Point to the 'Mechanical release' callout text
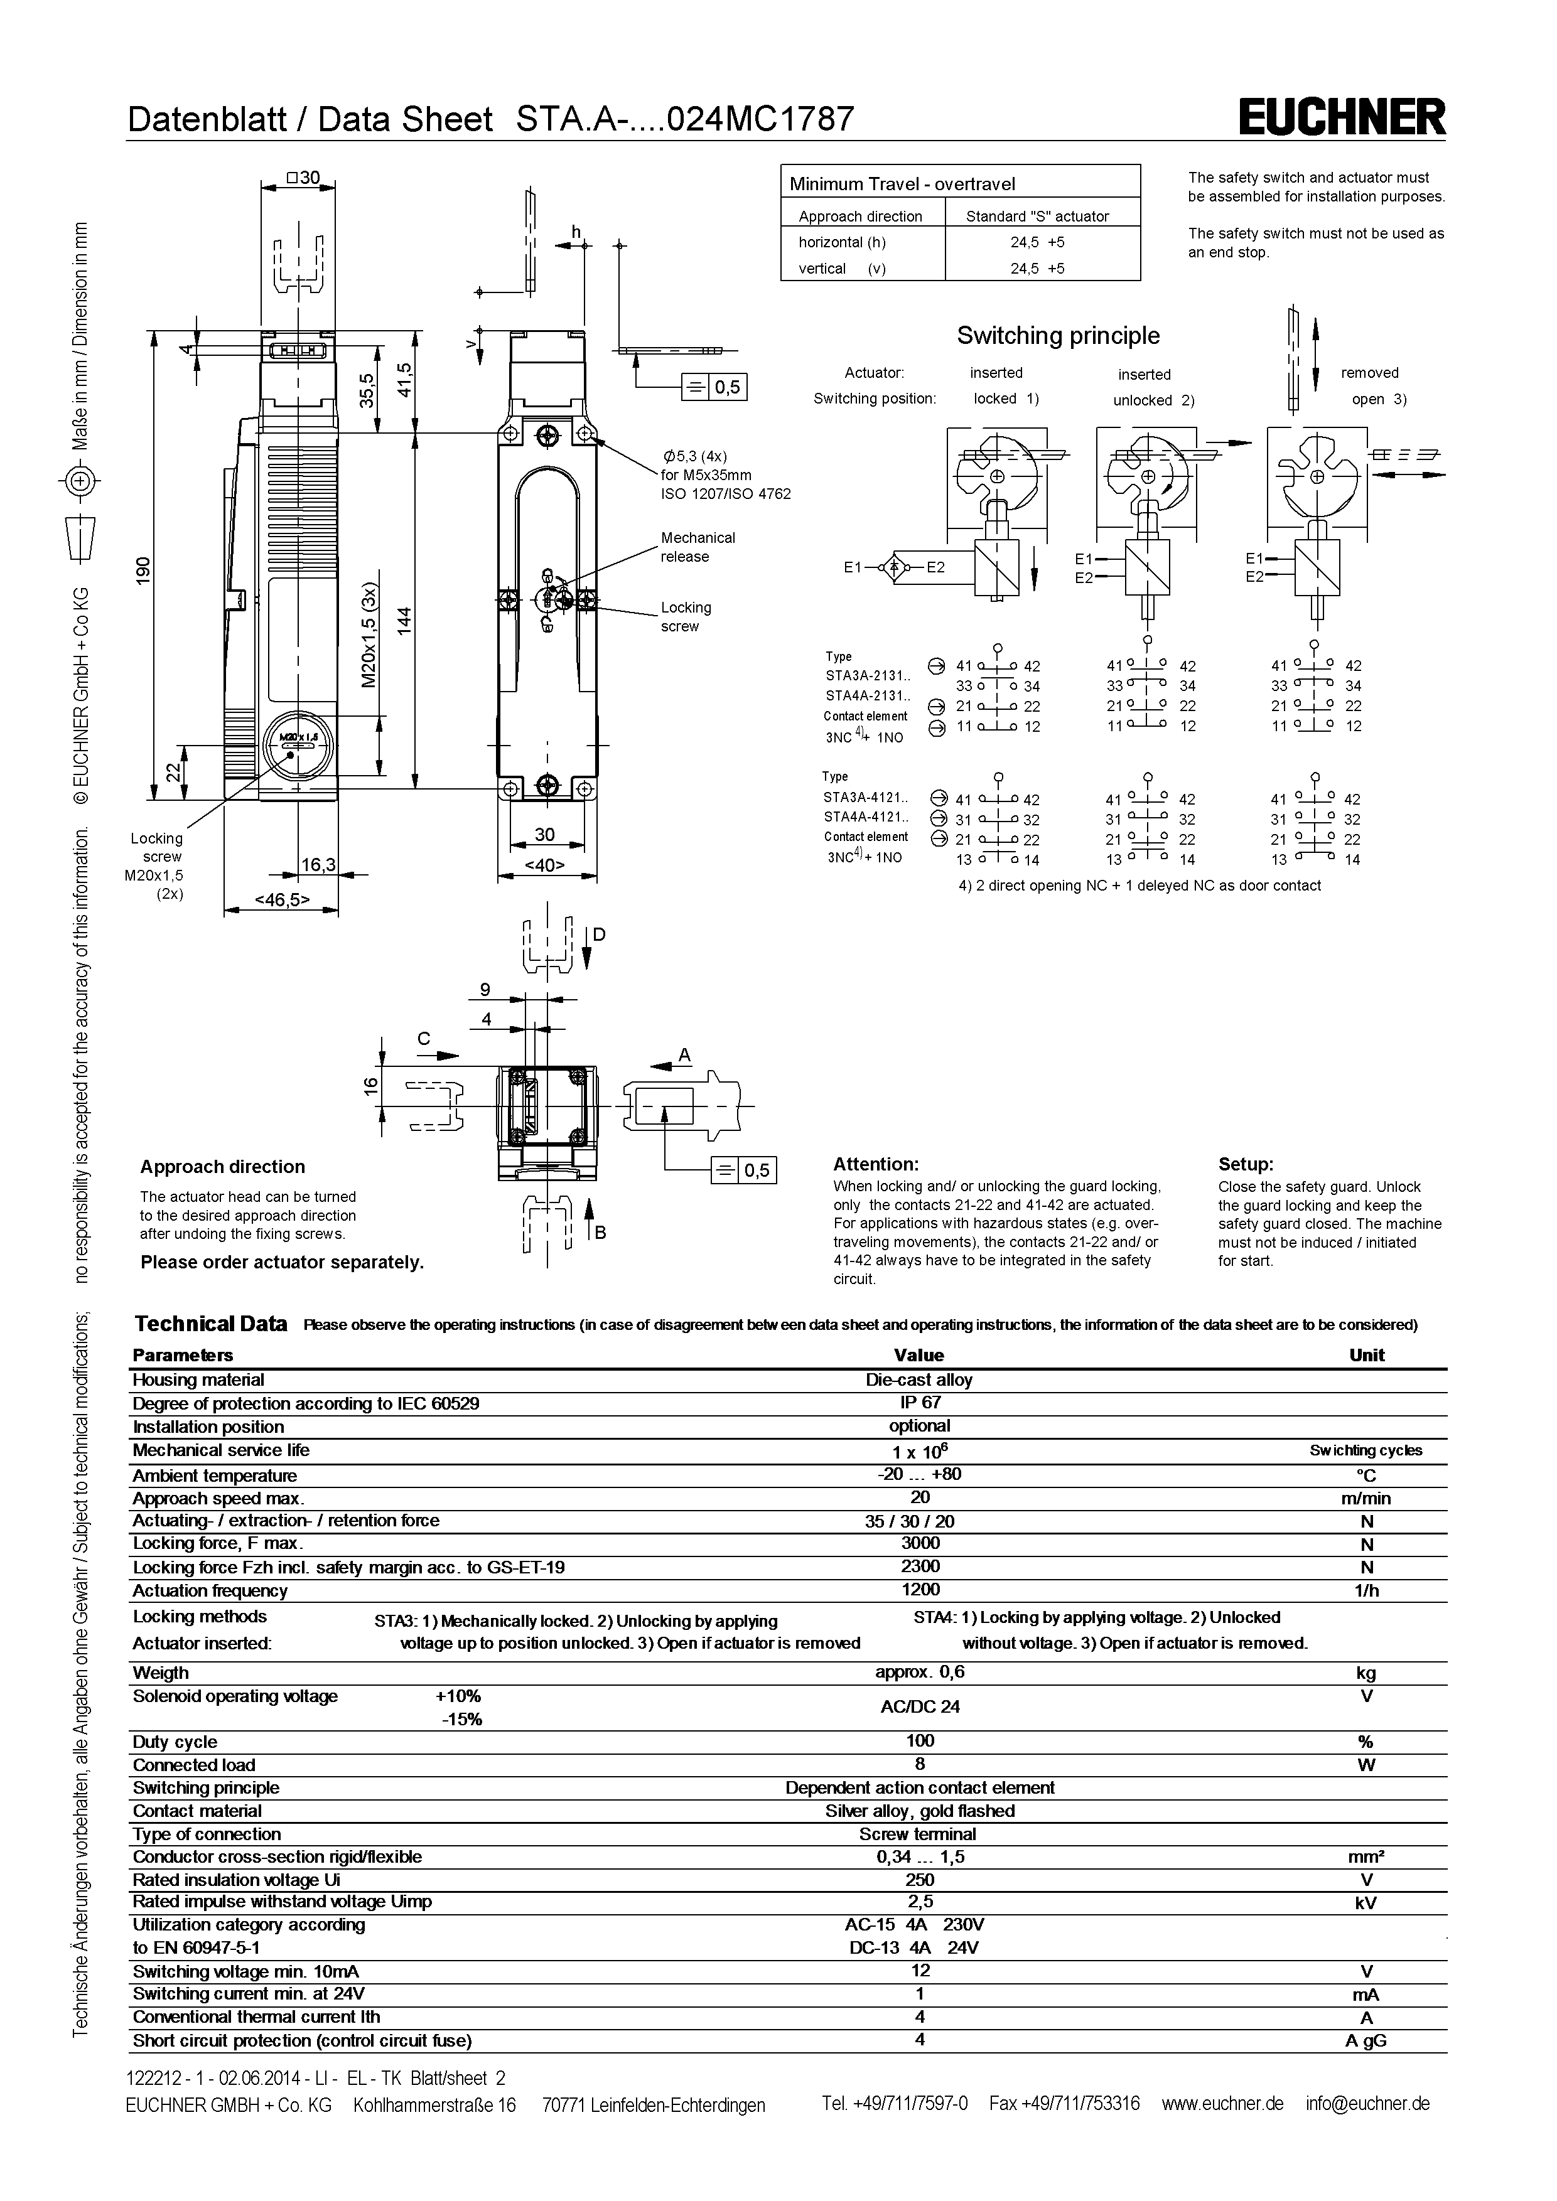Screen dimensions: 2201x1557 (697, 547)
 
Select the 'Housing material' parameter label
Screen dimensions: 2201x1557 (198, 1379)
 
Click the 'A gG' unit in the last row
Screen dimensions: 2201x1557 (1366, 2041)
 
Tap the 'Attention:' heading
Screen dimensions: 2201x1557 (875, 1165)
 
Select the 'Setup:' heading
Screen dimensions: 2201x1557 (1246, 1165)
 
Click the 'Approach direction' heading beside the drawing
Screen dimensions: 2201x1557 (222, 1167)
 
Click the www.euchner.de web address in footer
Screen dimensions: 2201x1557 (1222, 2103)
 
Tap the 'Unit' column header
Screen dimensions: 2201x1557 (1366, 1354)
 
